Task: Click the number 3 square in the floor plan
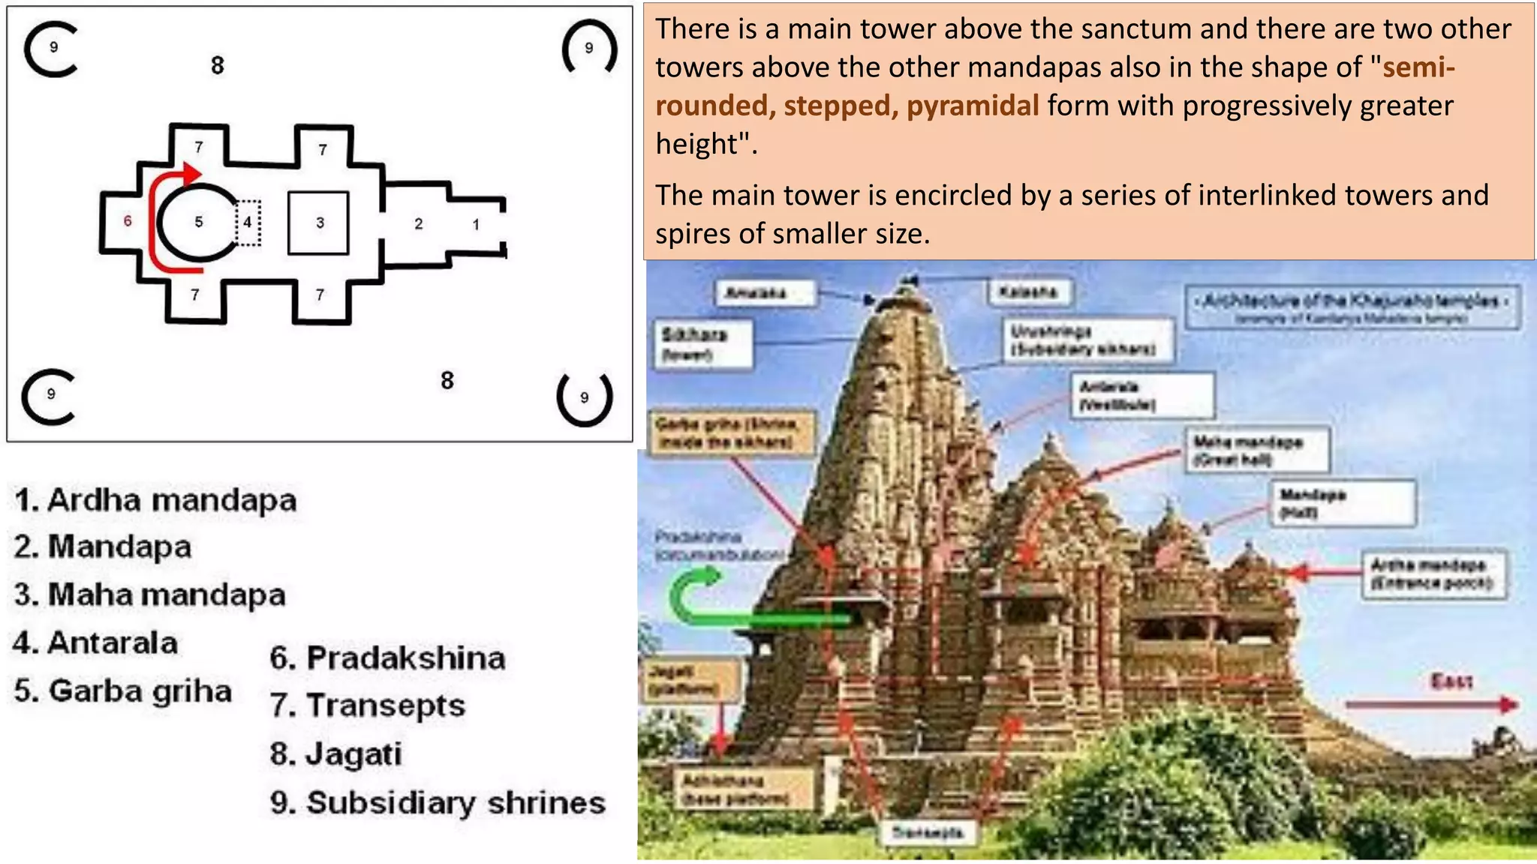click(319, 223)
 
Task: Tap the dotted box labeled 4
click(248, 223)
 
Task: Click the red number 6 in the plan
click(128, 220)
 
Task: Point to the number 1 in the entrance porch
click(476, 224)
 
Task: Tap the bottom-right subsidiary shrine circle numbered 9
click(585, 397)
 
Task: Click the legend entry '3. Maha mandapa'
click(150, 595)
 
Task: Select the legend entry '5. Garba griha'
click(123, 691)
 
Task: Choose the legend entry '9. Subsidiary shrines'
click(438, 802)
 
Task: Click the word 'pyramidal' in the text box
click(973, 106)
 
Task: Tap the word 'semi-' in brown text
click(1418, 67)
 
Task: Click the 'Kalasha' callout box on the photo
click(1028, 292)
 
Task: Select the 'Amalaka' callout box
click(765, 293)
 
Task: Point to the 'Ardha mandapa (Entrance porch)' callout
click(1433, 574)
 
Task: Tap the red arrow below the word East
click(1430, 705)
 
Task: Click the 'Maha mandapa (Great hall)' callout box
click(1256, 449)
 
